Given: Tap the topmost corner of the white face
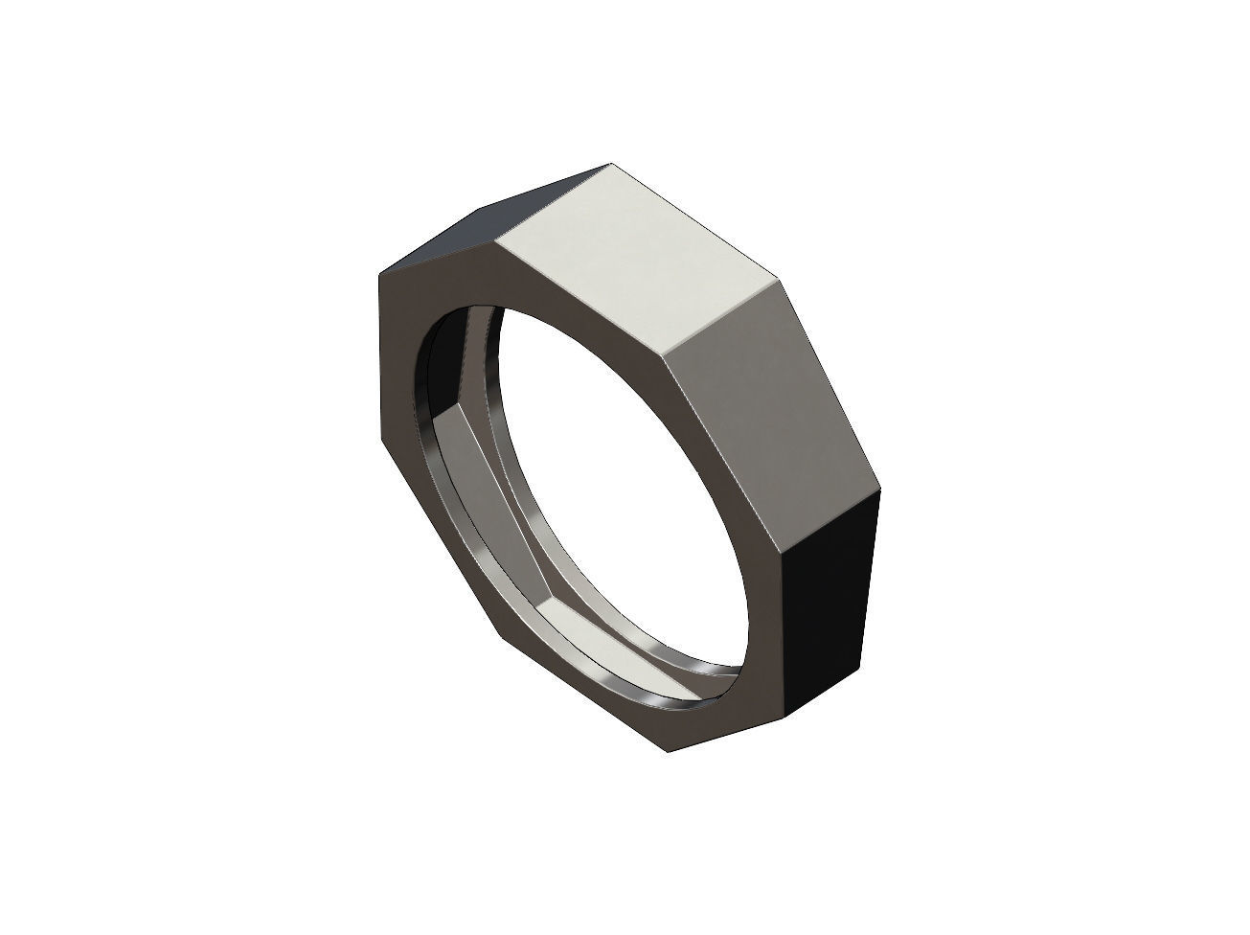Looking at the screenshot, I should click(610, 164).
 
